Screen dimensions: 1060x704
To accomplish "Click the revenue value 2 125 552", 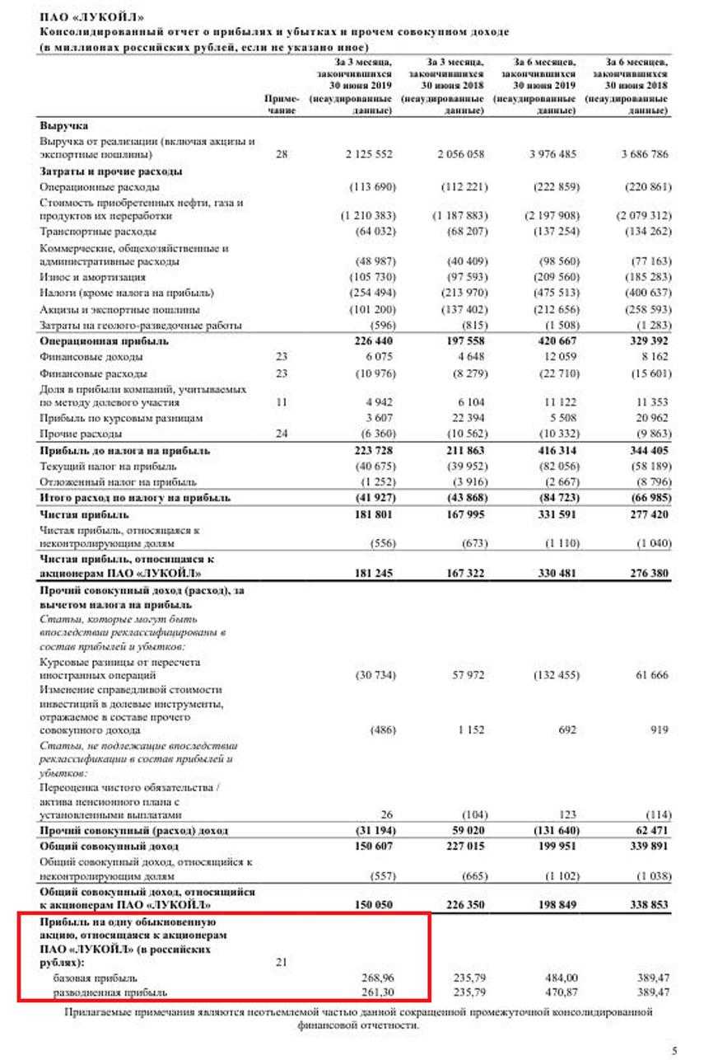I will point(368,154).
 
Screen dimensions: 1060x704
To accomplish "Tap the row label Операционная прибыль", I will point(105,340).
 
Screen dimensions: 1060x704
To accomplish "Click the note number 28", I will point(282,154).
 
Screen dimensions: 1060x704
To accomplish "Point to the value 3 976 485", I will point(551,154).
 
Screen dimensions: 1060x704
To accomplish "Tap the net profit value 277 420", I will point(645,514).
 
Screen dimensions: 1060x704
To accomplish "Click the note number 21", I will point(282,962).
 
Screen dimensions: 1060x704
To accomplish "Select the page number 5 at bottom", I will point(674,1050).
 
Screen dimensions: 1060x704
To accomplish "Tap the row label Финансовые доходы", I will point(91,357).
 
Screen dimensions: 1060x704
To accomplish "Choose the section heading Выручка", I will point(64,126).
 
